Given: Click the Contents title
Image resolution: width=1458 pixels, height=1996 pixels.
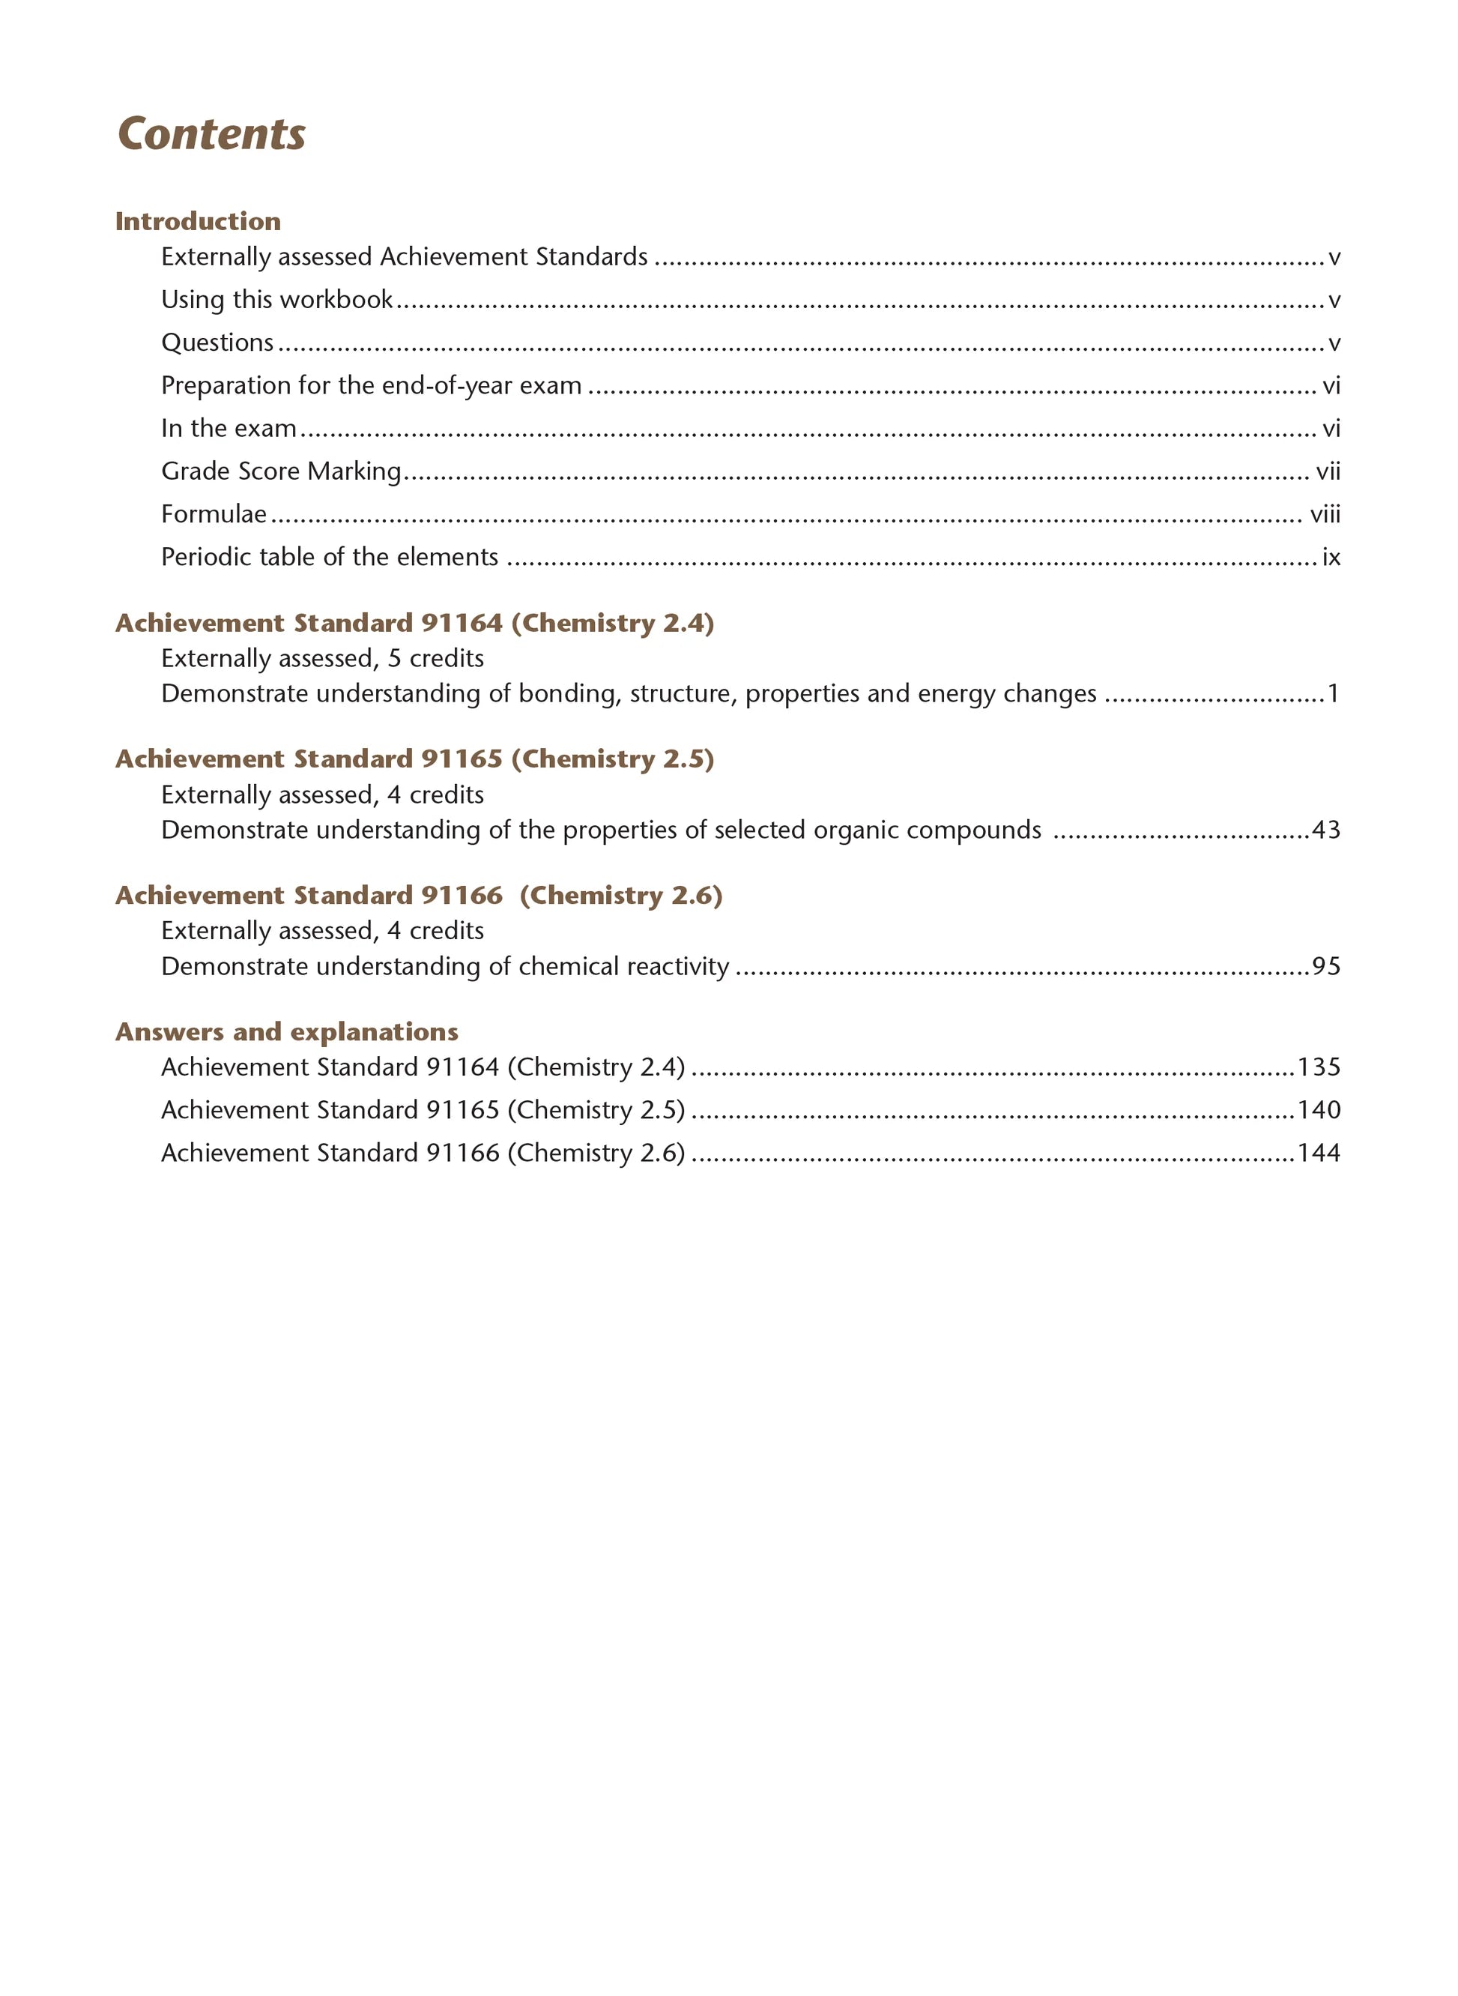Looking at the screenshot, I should pos(212,134).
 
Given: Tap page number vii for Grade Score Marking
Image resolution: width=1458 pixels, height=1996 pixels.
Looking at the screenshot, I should pos(1328,471).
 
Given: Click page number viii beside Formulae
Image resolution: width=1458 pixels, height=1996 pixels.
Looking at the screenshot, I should pos(1325,513).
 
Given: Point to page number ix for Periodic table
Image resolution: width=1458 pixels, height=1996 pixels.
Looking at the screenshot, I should pos(1331,557).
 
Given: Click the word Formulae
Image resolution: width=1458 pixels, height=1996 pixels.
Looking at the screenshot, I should pos(214,513).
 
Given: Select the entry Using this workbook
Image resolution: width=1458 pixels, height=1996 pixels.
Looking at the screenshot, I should pos(277,300).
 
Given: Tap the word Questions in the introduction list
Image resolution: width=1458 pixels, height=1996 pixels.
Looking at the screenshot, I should pos(217,343).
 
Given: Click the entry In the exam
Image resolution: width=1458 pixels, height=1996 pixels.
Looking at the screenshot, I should pos(229,428).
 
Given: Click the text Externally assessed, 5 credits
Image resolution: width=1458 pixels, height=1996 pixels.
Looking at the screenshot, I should pos(322,659).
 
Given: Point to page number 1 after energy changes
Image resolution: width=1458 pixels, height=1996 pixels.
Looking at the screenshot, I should pos(1333,694).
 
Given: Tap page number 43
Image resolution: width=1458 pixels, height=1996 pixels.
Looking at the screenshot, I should pos(1325,830).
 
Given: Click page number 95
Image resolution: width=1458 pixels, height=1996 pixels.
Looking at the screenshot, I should pos(1325,967).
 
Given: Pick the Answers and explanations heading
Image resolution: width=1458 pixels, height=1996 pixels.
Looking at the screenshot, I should pos(287,1032).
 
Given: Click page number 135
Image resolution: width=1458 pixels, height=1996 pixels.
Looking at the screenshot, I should pos(1319,1067).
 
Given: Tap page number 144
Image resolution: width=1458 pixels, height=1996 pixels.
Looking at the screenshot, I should pos(1319,1153).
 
